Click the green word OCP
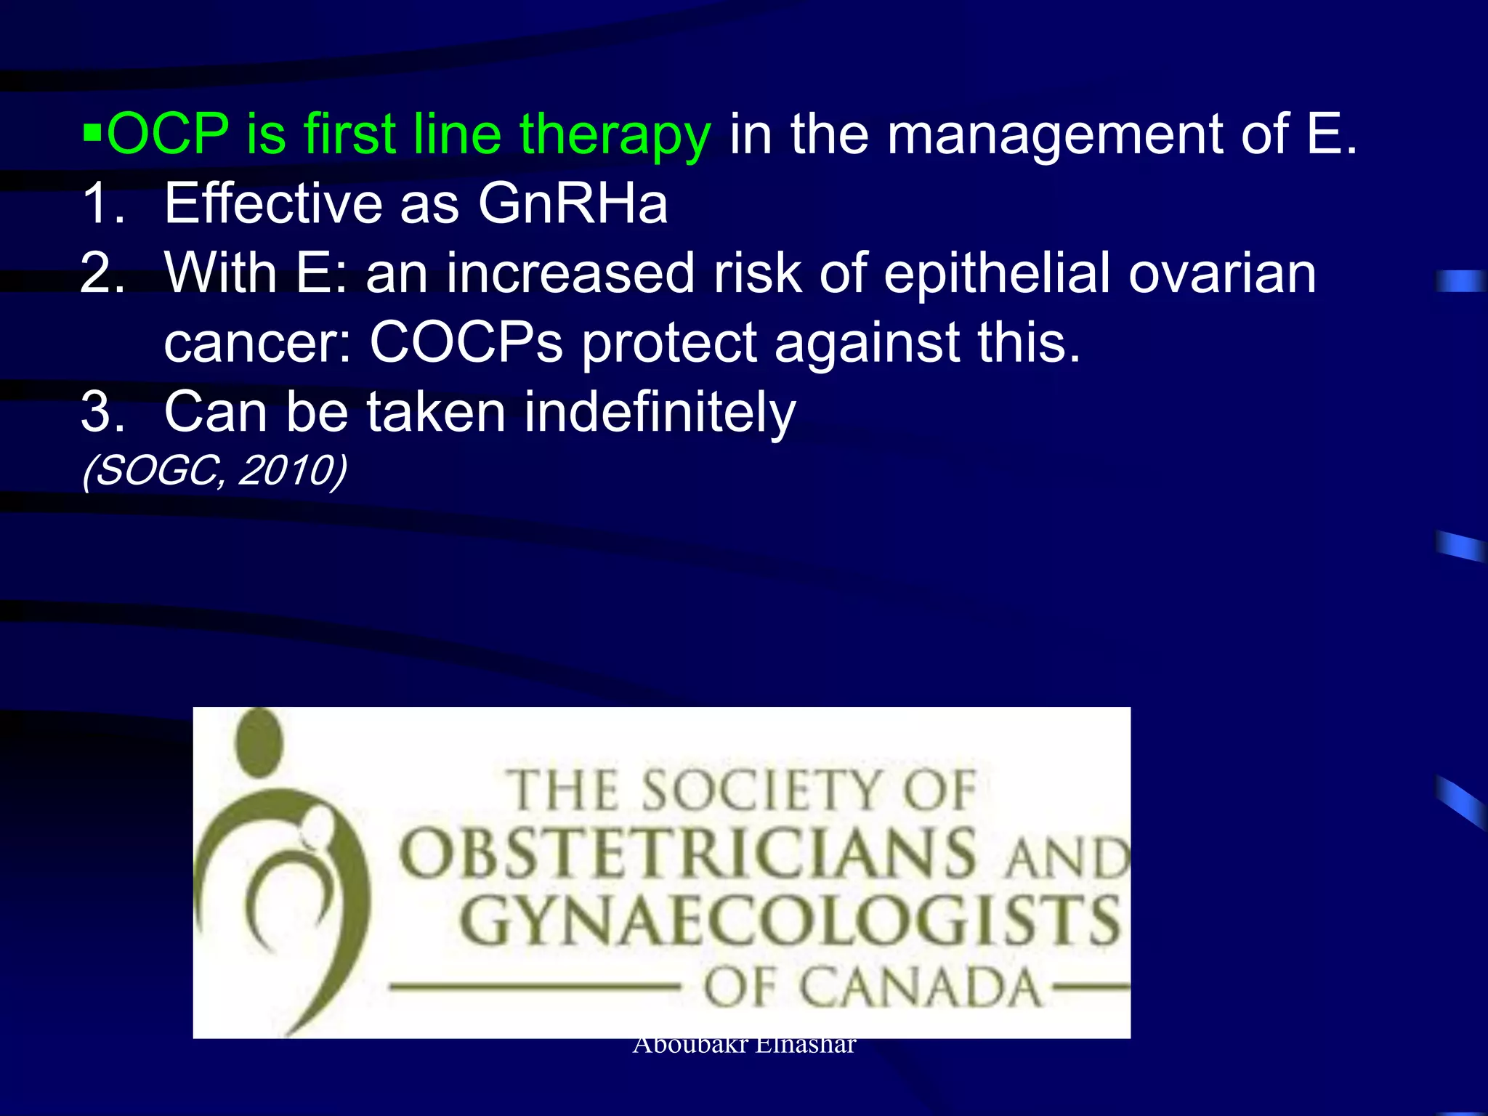click(x=168, y=134)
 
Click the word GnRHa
click(x=573, y=203)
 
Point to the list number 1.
click(x=102, y=203)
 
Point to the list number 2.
click(x=102, y=272)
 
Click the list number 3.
click(x=102, y=412)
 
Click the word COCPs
click(x=466, y=341)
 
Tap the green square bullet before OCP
click(x=92, y=134)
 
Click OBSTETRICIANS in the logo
click(x=687, y=853)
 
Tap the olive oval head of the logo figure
click(x=259, y=743)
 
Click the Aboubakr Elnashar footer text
click(x=744, y=1046)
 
